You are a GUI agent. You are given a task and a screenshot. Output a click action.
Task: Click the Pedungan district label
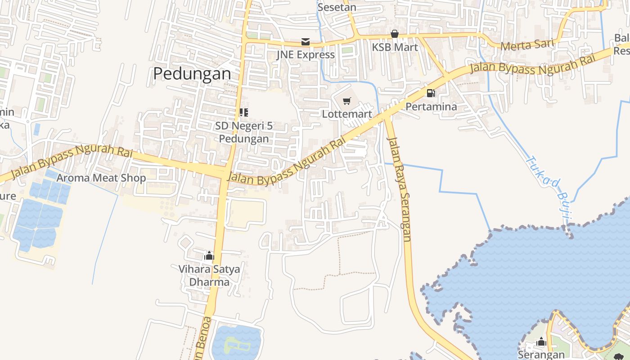click(x=192, y=74)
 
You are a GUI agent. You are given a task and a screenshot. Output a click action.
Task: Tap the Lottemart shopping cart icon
click(x=346, y=101)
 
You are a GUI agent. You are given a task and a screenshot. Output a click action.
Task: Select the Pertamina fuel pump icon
click(x=431, y=93)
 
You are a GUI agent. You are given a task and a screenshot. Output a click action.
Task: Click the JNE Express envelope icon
click(x=306, y=42)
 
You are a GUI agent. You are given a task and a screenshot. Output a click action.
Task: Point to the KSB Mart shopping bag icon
click(x=395, y=34)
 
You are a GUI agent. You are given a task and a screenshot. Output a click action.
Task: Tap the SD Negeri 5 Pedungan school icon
click(x=243, y=112)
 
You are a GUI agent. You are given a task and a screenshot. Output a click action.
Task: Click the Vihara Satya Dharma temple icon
click(x=209, y=256)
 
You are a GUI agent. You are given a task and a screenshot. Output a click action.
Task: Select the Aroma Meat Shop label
click(x=101, y=178)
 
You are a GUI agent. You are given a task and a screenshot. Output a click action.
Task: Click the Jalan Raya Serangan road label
click(x=400, y=189)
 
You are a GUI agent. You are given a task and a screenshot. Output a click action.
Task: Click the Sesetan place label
click(x=337, y=7)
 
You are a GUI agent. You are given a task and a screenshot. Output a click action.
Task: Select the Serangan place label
click(x=541, y=354)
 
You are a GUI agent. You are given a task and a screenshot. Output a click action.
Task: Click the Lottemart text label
click(x=347, y=114)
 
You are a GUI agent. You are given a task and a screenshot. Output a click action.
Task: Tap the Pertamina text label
click(x=431, y=107)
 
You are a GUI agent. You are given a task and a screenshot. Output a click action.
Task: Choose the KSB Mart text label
click(x=395, y=47)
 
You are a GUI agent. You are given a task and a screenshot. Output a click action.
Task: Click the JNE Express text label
click(x=306, y=55)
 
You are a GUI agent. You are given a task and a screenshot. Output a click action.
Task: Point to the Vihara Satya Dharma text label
click(x=209, y=275)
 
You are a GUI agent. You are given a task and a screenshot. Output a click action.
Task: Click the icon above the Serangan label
click(x=541, y=342)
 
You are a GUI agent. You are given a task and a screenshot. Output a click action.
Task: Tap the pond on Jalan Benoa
click(x=236, y=343)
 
